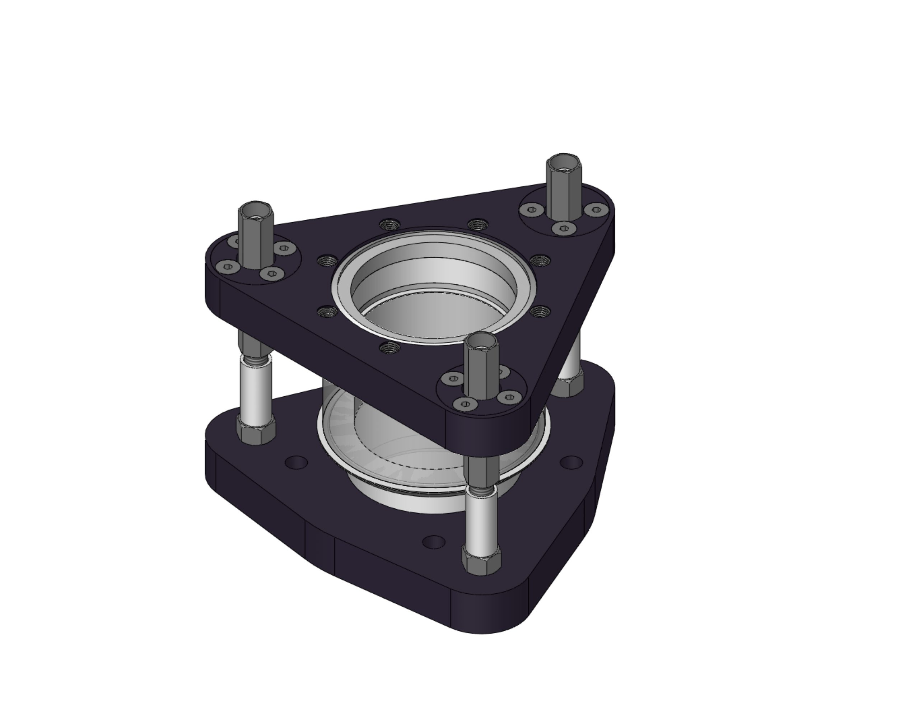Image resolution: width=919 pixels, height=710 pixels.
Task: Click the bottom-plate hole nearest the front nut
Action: (x=433, y=542)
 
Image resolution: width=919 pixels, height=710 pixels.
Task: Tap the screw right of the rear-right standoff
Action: (x=594, y=209)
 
